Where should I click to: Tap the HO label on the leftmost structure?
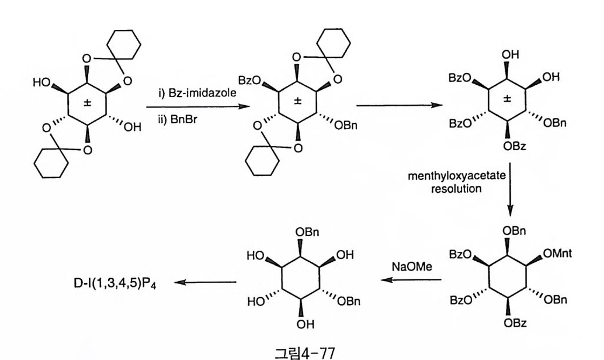pos(43,82)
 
